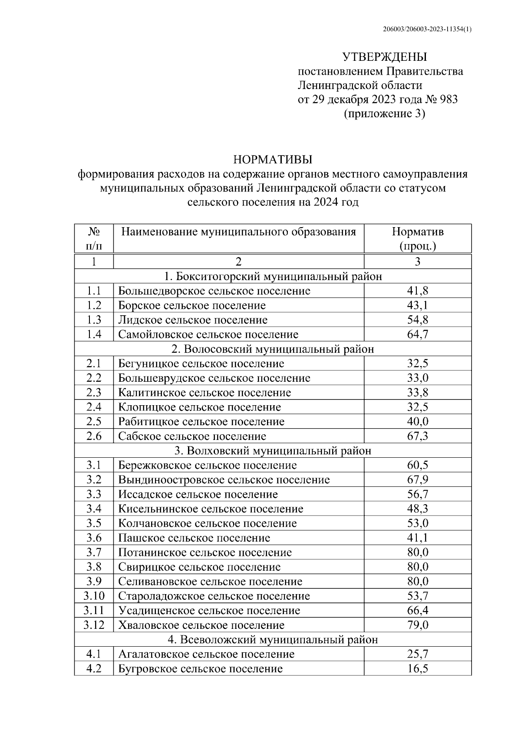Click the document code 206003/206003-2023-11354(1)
pyautogui.click(x=428, y=29)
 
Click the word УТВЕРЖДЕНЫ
pyautogui.click(x=385, y=57)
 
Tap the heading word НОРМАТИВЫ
pyautogui.click(x=273, y=160)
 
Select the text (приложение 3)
pyautogui.click(x=384, y=114)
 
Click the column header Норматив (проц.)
pyautogui.click(x=417, y=238)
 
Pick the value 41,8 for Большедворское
pyautogui.click(x=417, y=291)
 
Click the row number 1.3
pyautogui.click(x=94, y=320)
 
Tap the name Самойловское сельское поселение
pyautogui.click(x=208, y=335)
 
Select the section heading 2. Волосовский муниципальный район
pyautogui.click(x=273, y=349)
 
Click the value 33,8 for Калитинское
pyautogui.click(x=417, y=393)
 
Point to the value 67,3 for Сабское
pyautogui.click(x=417, y=436)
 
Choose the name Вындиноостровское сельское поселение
pyautogui.click(x=224, y=480)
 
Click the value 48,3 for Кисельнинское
pyautogui.click(x=417, y=509)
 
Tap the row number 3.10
pyautogui.click(x=94, y=596)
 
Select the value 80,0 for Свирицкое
pyautogui.click(x=417, y=567)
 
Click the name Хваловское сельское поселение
pyautogui.click(x=201, y=625)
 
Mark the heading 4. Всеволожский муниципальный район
pyautogui.click(x=273, y=640)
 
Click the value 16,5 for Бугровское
pyautogui.click(x=417, y=669)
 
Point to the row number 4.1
pyautogui.click(x=94, y=654)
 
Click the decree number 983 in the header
pyautogui.click(x=448, y=100)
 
